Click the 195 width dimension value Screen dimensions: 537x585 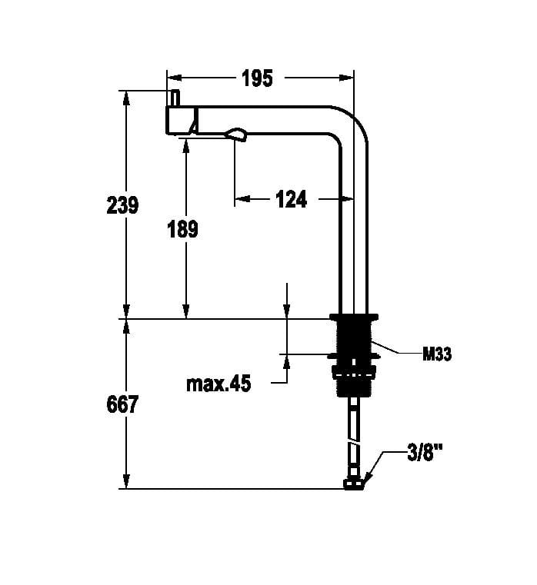click(x=257, y=78)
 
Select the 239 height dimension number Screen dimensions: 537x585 click(x=122, y=205)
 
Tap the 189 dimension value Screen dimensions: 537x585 click(x=182, y=229)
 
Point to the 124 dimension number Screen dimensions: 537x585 click(x=292, y=199)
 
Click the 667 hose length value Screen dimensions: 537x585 click(x=122, y=404)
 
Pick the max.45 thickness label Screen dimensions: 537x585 click(x=218, y=384)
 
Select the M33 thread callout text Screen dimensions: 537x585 click(x=437, y=354)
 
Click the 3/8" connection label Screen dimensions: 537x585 click(x=425, y=454)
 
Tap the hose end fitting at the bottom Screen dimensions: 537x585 click(x=353, y=484)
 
